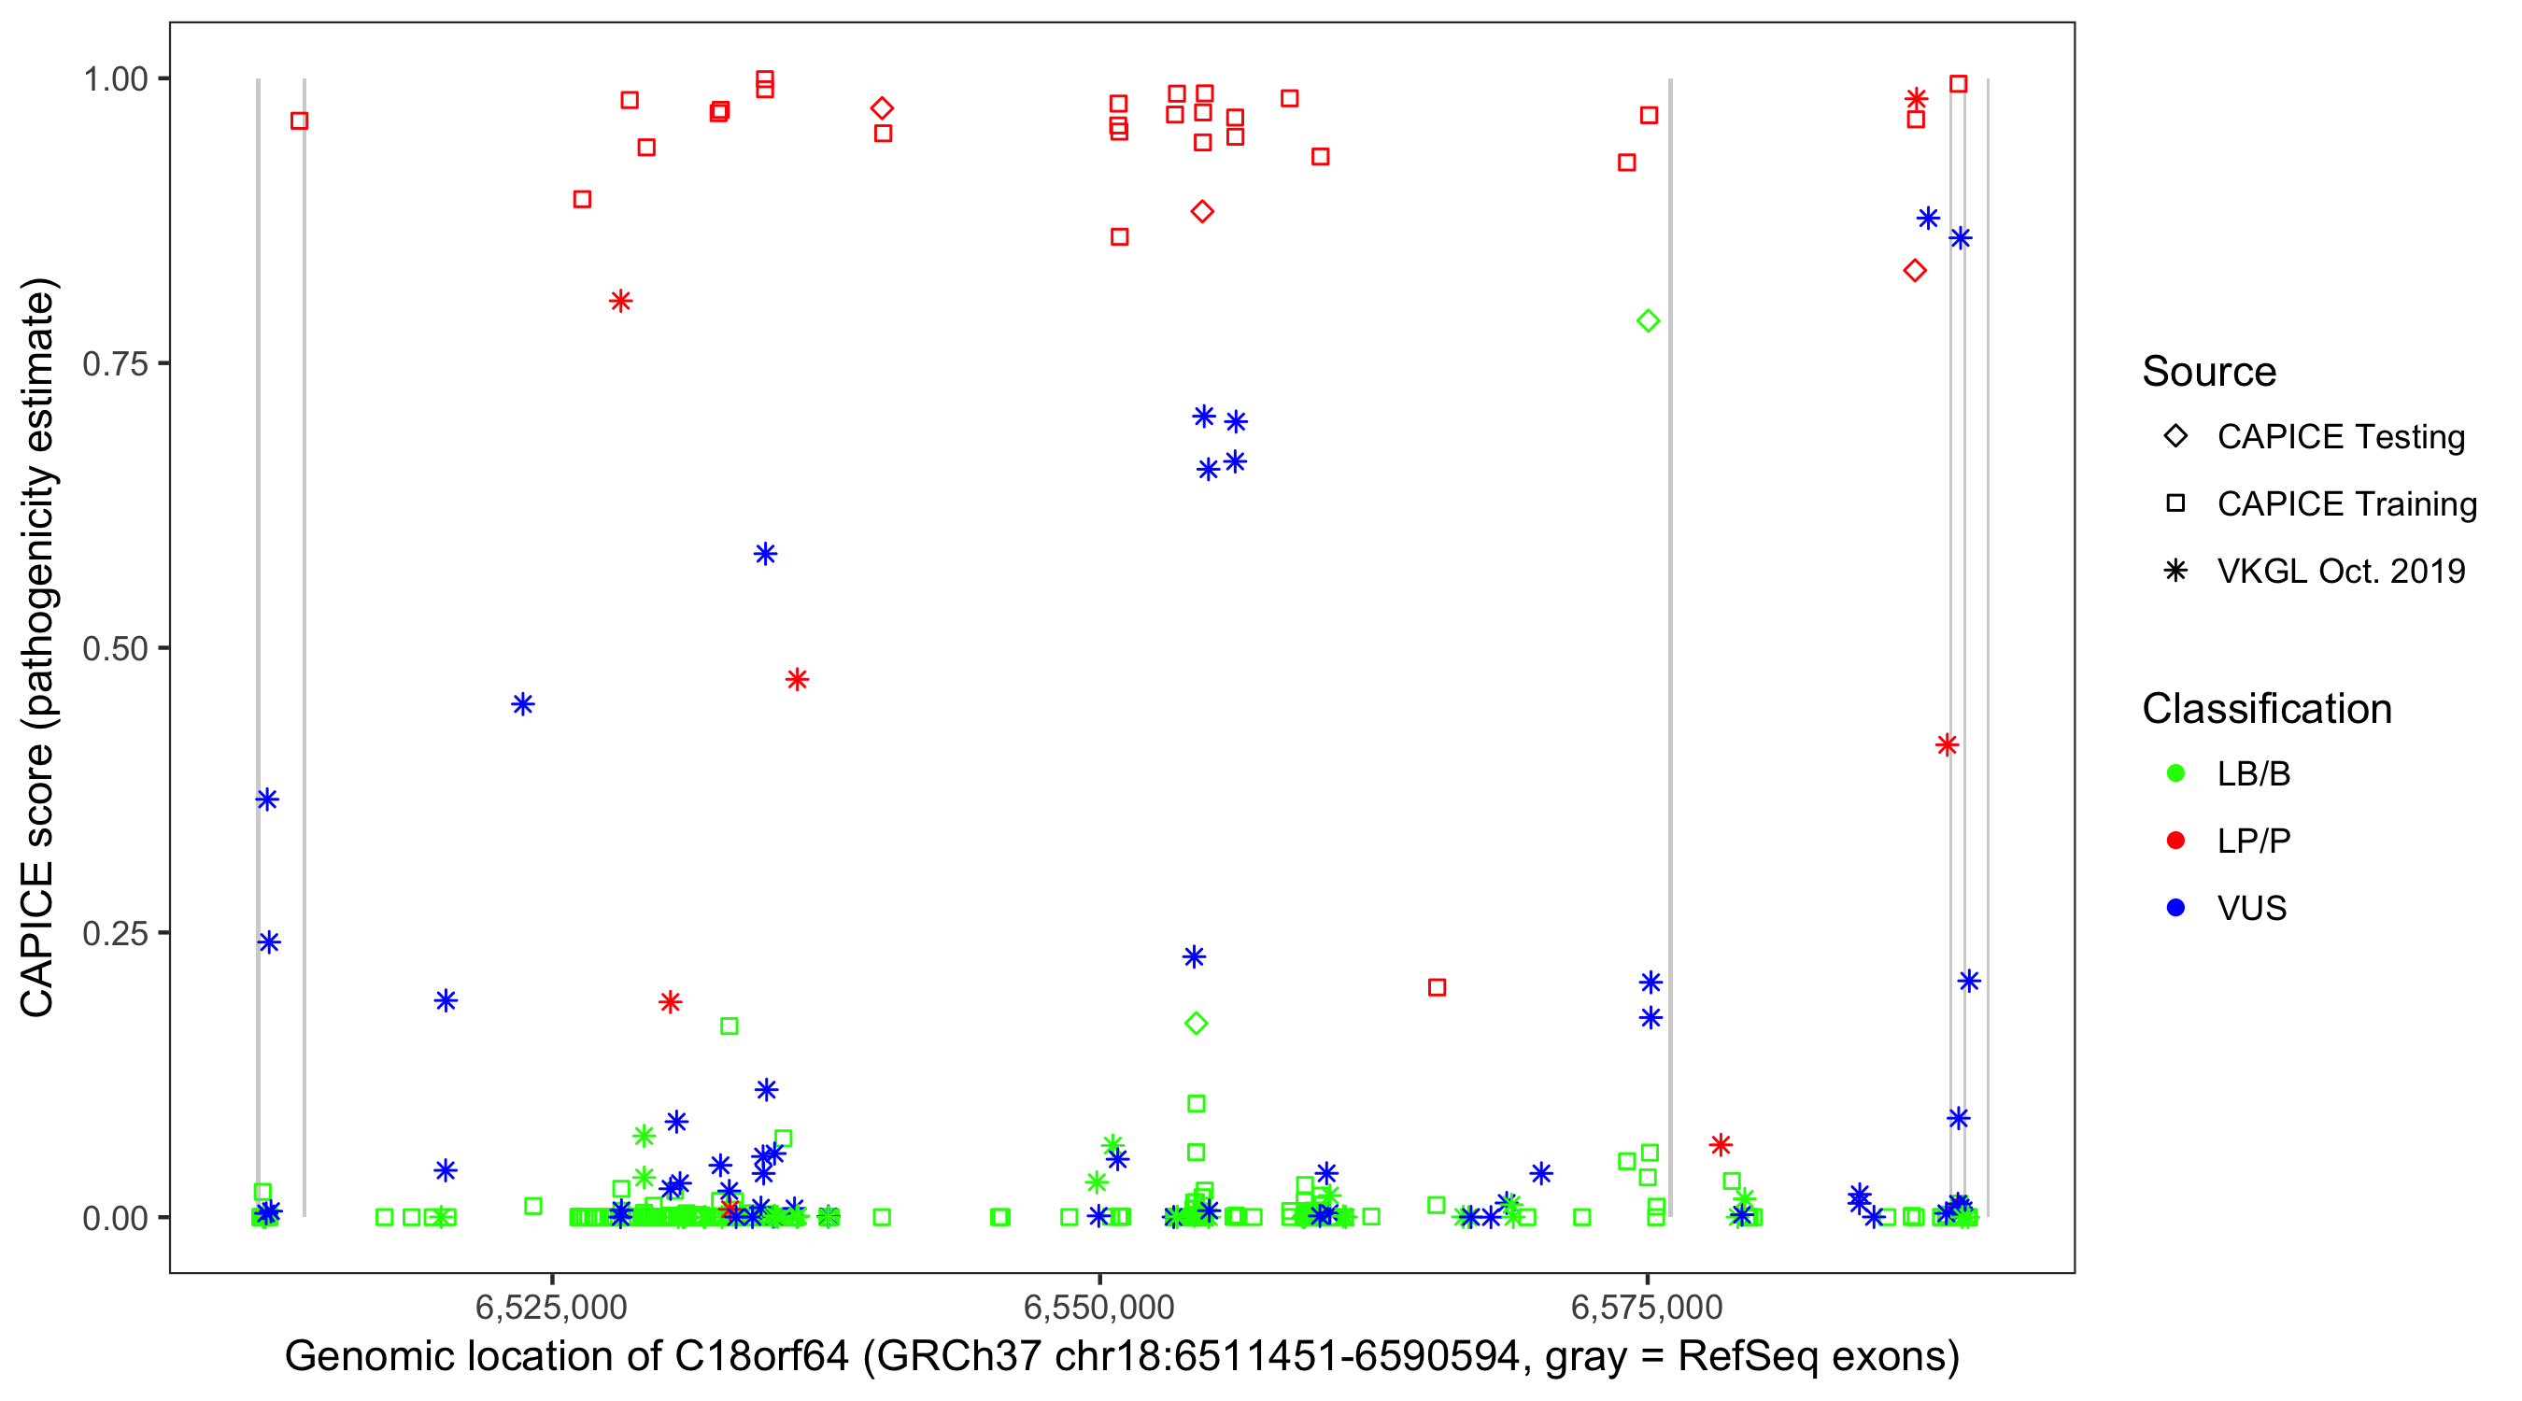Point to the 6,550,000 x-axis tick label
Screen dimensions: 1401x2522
1098,1307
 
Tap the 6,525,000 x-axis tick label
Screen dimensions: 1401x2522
551,1307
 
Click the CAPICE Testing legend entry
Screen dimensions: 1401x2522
2340,437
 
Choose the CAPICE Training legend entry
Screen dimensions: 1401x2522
2345,504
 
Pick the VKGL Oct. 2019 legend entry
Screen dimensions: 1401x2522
2340,571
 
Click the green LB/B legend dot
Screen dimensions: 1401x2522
2175,773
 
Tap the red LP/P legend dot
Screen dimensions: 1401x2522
2175,841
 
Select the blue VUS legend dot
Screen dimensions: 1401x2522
2175,908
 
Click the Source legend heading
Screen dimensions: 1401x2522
2209,372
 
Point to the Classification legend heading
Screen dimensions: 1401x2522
2266,709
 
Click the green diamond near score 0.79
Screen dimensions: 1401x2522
1648,321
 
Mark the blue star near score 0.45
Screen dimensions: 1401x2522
523,704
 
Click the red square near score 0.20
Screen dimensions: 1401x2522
1437,987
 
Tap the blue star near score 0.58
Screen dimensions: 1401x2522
766,554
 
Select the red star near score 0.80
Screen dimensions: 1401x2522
621,301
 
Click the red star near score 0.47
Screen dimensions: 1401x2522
797,679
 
